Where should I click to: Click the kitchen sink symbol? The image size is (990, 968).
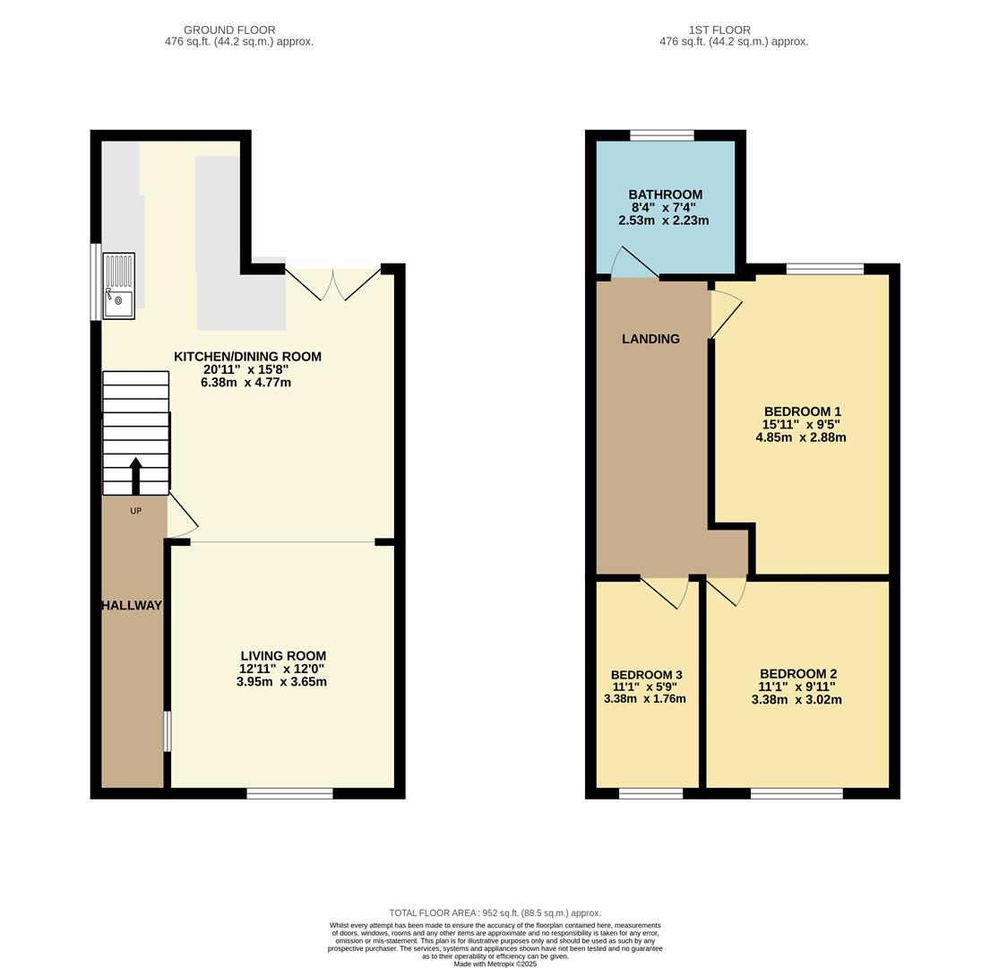click(118, 286)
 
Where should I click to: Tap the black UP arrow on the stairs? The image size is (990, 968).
click(136, 475)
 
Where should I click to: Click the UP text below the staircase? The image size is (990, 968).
click(136, 511)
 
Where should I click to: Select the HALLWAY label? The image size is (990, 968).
click(132, 605)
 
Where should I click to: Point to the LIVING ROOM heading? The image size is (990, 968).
click(283, 656)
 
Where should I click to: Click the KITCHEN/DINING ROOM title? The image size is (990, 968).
click(247, 357)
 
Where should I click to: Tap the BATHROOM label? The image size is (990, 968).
click(665, 194)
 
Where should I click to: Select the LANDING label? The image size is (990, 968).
click(650, 339)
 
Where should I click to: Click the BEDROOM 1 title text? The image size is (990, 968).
click(802, 412)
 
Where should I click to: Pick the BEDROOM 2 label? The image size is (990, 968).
click(797, 674)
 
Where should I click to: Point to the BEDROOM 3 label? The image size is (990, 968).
click(646, 675)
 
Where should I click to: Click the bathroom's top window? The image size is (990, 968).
click(661, 135)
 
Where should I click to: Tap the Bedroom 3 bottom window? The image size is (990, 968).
click(650, 793)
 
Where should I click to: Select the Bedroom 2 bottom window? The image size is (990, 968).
click(796, 793)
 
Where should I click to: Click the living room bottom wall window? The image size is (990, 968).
click(289, 793)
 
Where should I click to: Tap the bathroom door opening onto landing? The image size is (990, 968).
click(634, 263)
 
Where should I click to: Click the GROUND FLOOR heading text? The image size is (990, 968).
click(229, 30)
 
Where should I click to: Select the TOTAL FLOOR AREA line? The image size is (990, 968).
click(495, 912)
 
